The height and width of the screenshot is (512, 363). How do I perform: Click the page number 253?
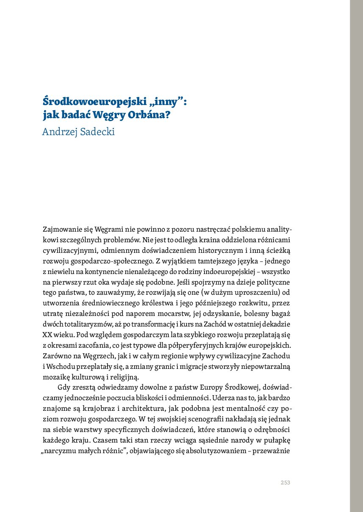(x=285, y=483)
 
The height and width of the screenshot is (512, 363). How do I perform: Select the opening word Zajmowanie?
(x=61, y=230)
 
